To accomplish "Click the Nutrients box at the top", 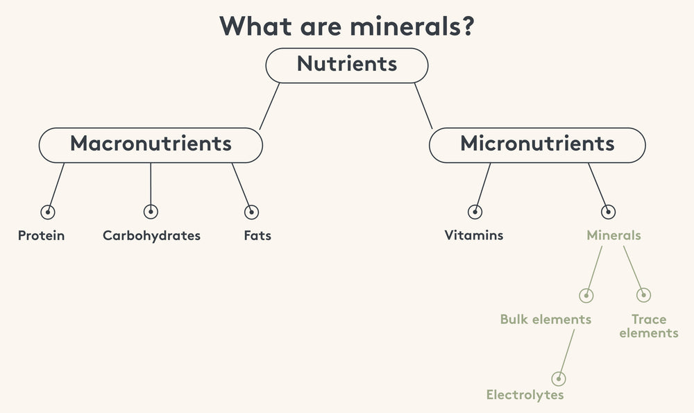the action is (x=347, y=65).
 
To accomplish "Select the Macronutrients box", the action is (x=151, y=145).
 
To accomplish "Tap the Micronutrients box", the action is (x=537, y=145).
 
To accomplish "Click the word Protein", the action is (x=41, y=235).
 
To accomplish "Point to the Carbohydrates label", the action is (x=151, y=235).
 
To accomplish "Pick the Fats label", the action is (x=257, y=235).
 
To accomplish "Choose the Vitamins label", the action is (x=473, y=235).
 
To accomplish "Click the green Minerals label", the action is (x=613, y=235).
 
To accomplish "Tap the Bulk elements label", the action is (x=545, y=319).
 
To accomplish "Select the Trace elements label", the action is (x=649, y=326).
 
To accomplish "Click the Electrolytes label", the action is (x=525, y=394).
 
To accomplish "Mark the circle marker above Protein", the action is (x=48, y=212).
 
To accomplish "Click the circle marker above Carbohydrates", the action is (x=151, y=212).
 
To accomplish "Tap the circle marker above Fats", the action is (x=251, y=212).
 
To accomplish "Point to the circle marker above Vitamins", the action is (x=475, y=212).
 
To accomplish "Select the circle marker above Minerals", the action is (x=608, y=212).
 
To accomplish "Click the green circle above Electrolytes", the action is (x=559, y=379).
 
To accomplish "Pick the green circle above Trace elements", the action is (x=643, y=295).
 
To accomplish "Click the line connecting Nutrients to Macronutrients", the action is (x=269, y=106).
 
